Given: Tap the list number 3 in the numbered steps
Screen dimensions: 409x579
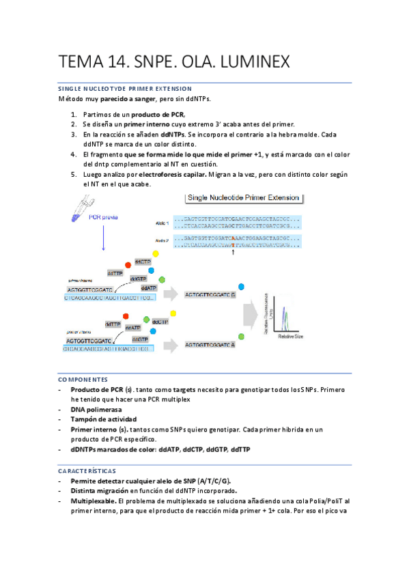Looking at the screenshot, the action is coord(73,135).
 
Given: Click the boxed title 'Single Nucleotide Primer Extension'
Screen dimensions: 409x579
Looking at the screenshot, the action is coord(243,198).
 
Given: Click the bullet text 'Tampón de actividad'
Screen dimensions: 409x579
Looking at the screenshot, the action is coord(104,419).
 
